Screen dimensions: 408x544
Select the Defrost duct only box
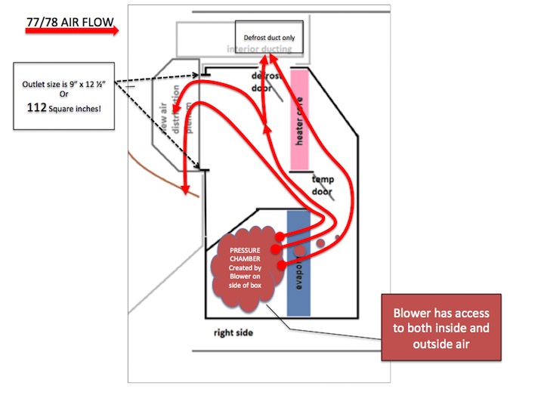[270, 38]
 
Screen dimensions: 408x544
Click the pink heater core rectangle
[301, 119]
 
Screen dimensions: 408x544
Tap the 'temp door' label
[323, 185]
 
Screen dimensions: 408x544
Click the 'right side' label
[233, 332]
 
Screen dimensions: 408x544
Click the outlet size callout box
[65, 97]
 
